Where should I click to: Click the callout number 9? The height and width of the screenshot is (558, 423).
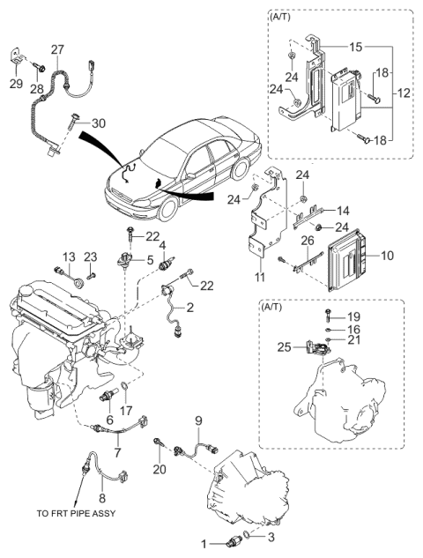199,420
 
